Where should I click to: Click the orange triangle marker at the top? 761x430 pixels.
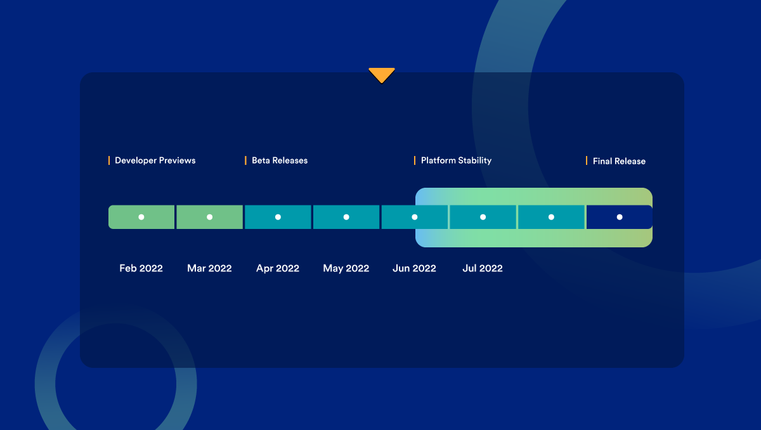pyautogui.click(x=382, y=75)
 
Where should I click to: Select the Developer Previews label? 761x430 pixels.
pyautogui.click(x=155, y=160)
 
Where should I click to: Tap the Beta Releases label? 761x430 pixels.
pyautogui.click(x=280, y=160)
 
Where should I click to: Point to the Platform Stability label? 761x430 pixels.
pyautogui.click(x=456, y=160)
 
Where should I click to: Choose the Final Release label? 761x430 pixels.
pyautogui.click(x=619, y=161)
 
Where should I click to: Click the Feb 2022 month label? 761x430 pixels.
pyautogui.click(x=141, y=268)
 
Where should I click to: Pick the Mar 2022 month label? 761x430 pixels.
pyautogui.click(x=209, y=268)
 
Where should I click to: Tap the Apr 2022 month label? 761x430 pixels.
pyautogui.click(x=278, y=268)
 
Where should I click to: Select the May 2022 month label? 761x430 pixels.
pyautogui.click(x=346, y=268)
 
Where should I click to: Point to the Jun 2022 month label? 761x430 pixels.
pyautogui.click(x=414, y=268)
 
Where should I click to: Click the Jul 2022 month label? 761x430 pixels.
pyautogui.click(x=483, y=268)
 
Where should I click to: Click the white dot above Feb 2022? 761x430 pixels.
pyautogui.click(x=141, y=217)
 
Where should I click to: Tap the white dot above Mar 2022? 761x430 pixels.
pyautogui.click(x=210, y=217)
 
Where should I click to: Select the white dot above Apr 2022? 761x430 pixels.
pyautogui.click(x=278, y=217)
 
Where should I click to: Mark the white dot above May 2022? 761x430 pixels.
pyautogui.click(x=346, y=217)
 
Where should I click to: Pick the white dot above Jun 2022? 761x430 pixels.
pyautogui.click(x=415, y=217)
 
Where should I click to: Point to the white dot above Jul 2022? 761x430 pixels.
pyautogui.click(x=483, y=217)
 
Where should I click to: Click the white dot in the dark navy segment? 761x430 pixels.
pyautogui.click(x=620, y=217)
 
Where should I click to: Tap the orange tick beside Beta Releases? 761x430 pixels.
pyautogui.click(x=245, y=160)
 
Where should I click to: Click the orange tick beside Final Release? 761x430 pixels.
pyautogui.click(x=587, y=160)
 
